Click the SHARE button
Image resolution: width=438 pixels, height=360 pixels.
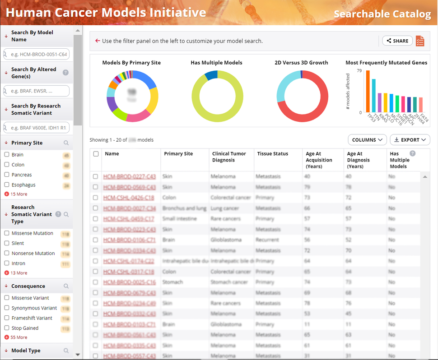pos(397,41)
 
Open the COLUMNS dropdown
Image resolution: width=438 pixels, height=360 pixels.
pos(367,140)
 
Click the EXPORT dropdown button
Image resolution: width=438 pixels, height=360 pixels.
pos(410,140)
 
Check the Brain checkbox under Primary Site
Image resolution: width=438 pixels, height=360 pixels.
pos(7,155)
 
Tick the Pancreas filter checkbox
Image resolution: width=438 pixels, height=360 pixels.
pos(7,175)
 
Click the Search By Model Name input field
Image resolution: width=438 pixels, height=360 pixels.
pos(38,55)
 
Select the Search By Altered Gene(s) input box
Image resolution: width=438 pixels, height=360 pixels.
pos(38,91)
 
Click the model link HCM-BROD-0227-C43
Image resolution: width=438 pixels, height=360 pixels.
pos(129,176)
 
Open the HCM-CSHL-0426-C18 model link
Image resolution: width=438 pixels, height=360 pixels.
pos(128,198)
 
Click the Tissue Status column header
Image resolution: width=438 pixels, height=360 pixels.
pos(272,154)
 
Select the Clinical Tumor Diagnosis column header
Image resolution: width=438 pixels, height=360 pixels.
pos(229,157)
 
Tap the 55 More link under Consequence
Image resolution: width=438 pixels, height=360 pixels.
pos(19,337)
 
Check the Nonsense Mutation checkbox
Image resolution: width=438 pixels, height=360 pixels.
pos(7,254)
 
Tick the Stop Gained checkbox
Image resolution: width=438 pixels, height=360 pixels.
pos(7,328)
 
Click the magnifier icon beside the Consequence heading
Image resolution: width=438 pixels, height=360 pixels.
pos(66,286)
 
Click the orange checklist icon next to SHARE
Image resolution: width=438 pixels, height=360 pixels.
pos(420,41)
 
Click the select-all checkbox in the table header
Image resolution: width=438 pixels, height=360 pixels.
pos(96,154)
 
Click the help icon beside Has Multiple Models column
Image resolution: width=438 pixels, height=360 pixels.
pos(412,154)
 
